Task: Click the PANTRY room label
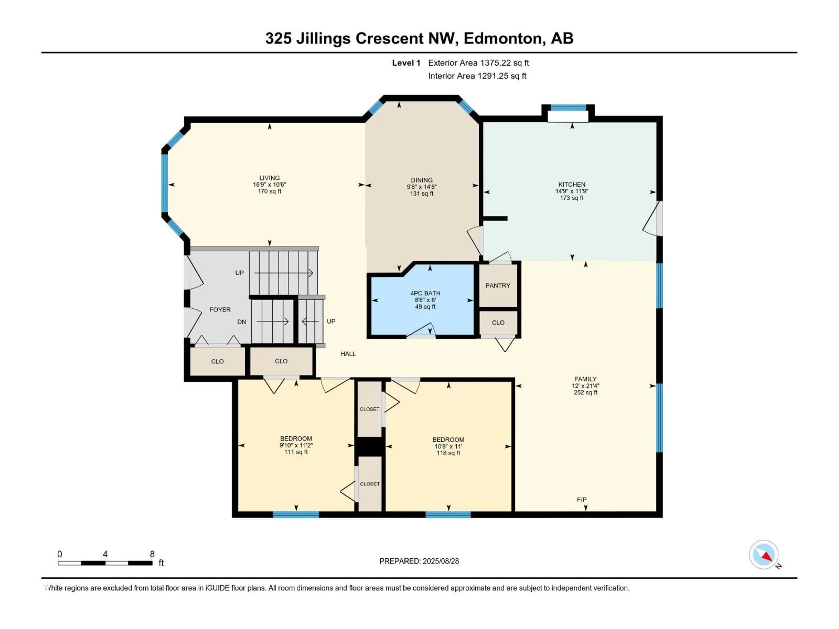click(498, 285)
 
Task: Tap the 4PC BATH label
click(425, 293)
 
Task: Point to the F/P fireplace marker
click(581, 500)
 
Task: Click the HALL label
click(348, 354)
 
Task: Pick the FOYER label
click(220, 310)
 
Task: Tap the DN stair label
click(242, 322)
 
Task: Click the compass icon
click(764, 555)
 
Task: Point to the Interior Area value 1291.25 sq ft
click(501, 76)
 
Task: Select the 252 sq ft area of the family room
click(585, 392)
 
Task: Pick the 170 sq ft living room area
click(269, 191)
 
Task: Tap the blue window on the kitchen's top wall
click(568, 108)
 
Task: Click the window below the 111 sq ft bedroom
click(296, 515)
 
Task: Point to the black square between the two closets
click(370, 446)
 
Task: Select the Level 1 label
click(406, 63)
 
